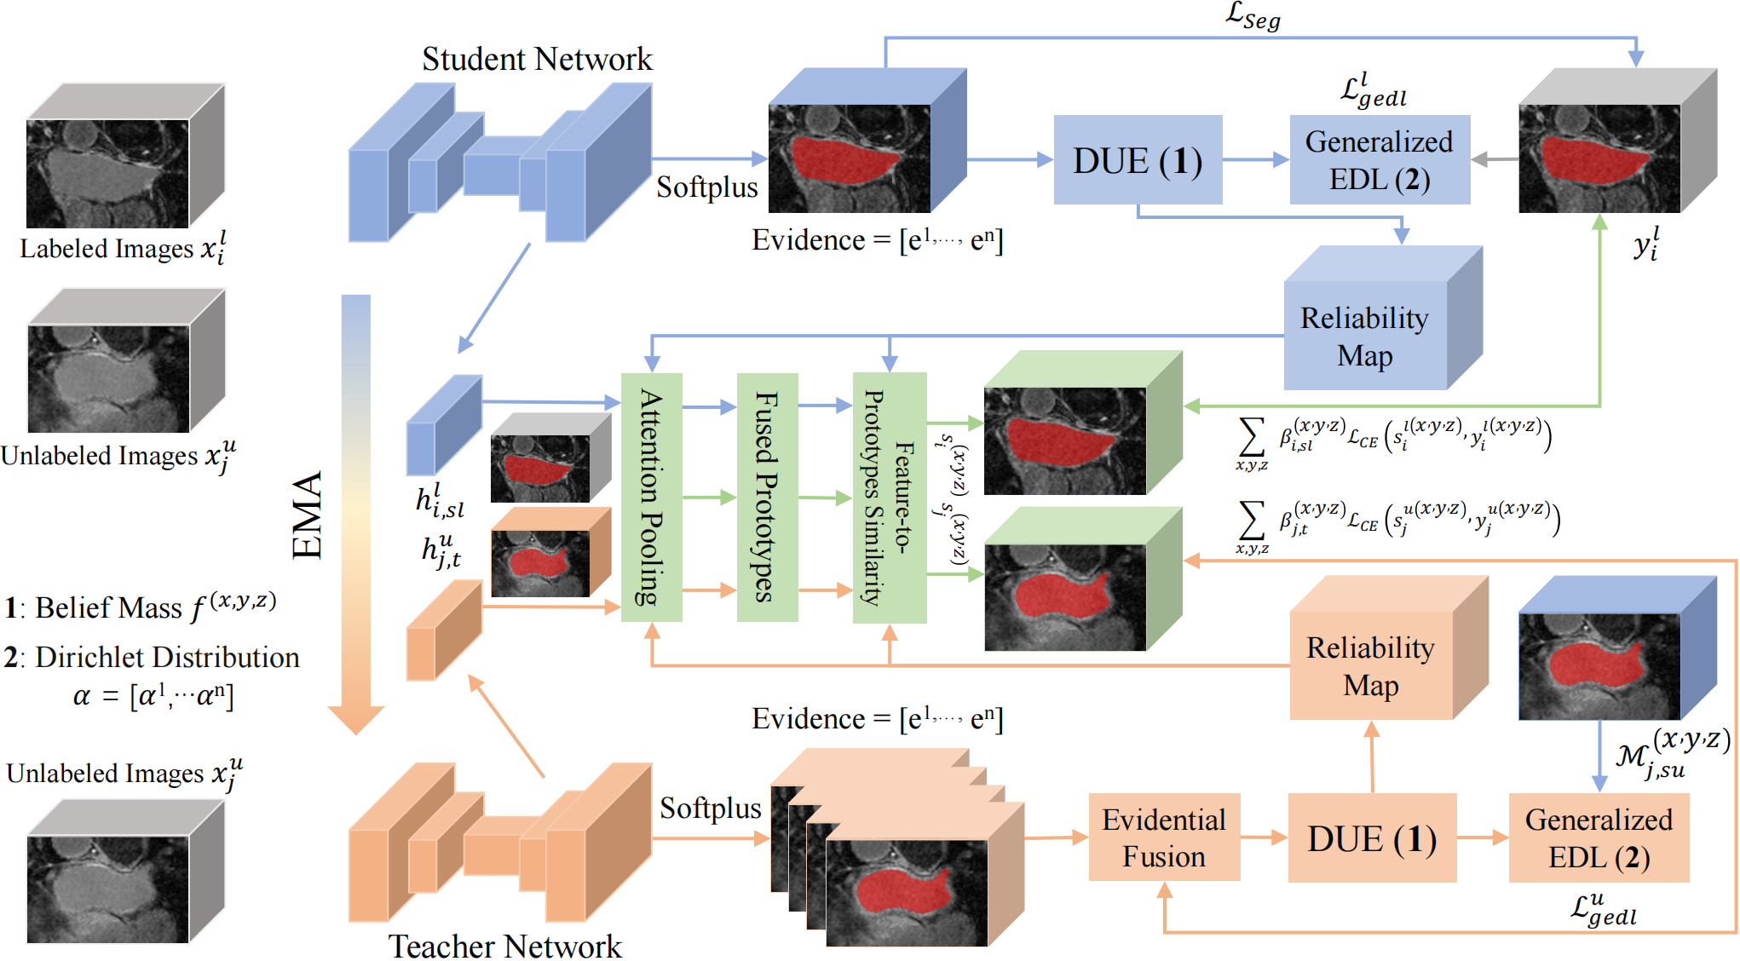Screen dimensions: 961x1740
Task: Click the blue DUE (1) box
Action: [1137, 160]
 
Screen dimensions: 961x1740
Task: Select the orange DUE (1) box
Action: [1372, 838]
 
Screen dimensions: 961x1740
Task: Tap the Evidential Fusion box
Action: [1164, 838]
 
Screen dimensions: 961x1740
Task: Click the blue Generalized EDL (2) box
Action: [1380, 160]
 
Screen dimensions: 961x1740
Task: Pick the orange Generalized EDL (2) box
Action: [1599, 838]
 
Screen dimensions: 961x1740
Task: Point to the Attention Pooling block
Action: [651, 498]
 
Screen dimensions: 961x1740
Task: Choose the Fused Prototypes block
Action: [767, 498]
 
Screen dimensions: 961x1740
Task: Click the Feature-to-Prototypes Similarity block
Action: [890, 498]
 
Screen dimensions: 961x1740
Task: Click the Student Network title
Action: [537, 59]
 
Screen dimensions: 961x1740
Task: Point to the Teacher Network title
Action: [505, 946]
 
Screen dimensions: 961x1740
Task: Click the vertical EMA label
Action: [308, 515]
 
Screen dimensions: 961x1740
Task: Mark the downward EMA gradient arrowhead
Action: [356, 719]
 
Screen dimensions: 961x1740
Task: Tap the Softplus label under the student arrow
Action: [706, 187]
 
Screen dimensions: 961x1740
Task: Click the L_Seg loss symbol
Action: [1253, 15]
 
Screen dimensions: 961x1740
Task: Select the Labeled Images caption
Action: [123, 249]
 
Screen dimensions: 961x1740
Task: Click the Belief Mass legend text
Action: [141, 607]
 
